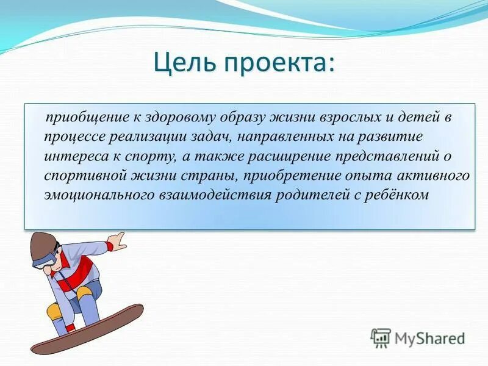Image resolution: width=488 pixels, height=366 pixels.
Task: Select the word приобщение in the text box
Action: [x=87, y=118]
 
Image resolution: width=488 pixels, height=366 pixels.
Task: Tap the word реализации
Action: [x=146, y=137]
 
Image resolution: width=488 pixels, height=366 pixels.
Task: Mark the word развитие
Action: [x=390, y=137]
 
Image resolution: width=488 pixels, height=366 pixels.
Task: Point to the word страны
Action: [x=210, y=176]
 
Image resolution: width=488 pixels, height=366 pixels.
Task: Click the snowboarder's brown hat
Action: [x=43, y=246]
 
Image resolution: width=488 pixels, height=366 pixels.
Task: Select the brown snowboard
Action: [x=88, y=328]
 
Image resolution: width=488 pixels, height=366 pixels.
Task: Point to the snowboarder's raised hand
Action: [x=117, y=241]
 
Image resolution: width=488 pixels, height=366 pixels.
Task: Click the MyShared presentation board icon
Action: [x=381, y=338]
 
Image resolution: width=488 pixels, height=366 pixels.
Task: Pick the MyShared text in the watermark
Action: [x=429, y=339]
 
